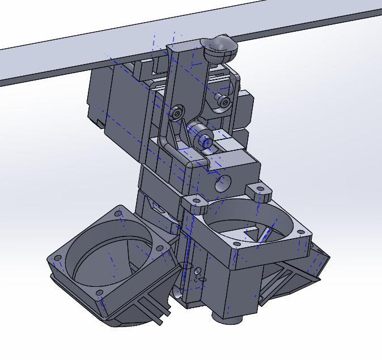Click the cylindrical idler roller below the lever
click(202, 136)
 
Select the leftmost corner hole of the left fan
click(57, 259)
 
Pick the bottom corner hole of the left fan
click(100, 293)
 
